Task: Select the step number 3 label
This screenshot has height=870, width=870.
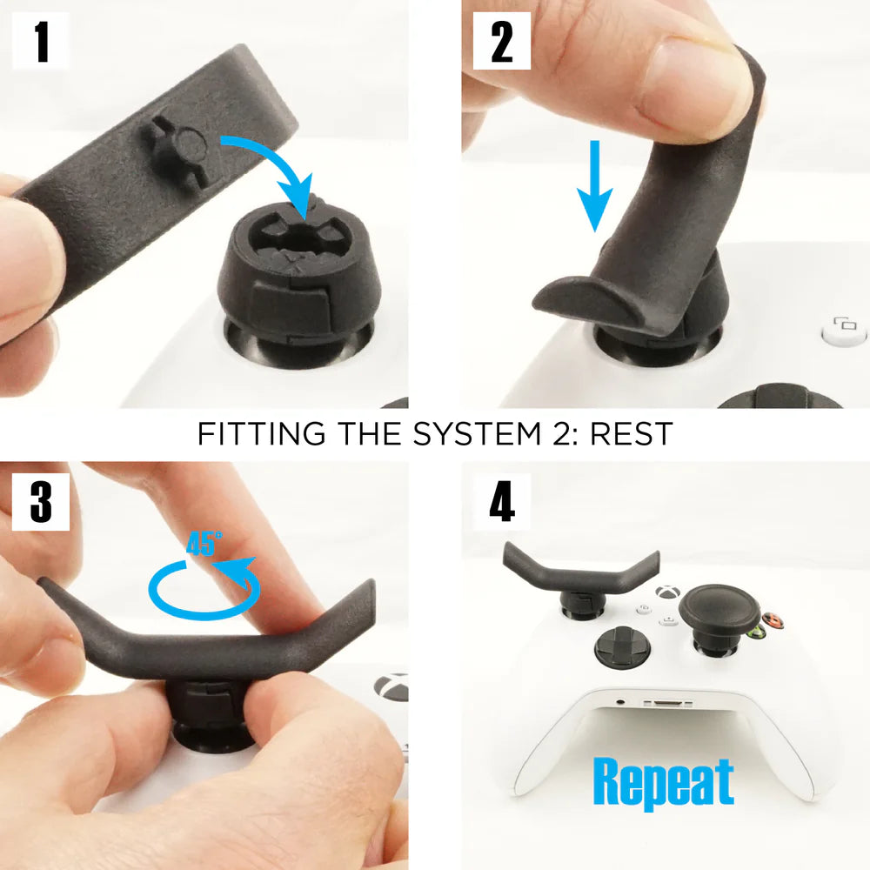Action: [x=41, y=502]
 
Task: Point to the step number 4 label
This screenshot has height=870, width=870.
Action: [x=501, y=502]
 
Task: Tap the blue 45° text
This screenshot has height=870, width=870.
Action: [x=204, y=544]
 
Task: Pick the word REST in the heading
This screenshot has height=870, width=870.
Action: [x=630, y=433]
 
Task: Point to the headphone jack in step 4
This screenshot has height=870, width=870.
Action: [x=619, y=699]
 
